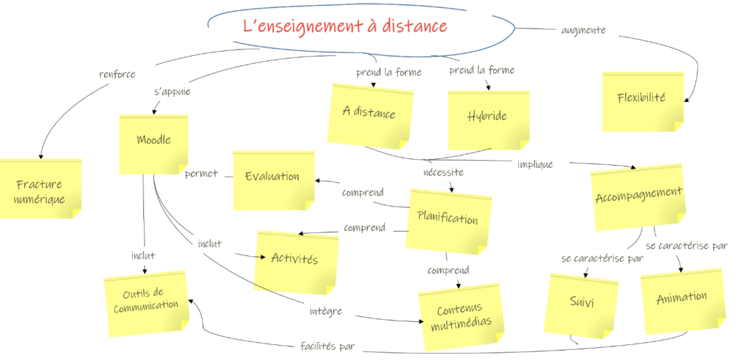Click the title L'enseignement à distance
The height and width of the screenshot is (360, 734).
(x=345, y=27)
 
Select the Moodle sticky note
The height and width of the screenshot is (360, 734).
(x=153, y=143)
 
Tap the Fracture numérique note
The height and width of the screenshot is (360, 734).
(x=41, y=189)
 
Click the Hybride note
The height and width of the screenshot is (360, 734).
(x=487, y=118)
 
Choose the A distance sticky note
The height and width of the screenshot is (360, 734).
(x=369, y=115)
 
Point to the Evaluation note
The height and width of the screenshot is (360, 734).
(x=272, y=179)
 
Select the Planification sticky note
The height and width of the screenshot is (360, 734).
(x=448, y=219)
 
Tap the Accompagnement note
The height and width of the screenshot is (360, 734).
(x=639, y=196)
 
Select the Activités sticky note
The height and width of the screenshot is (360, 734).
(x=295, y=260)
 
